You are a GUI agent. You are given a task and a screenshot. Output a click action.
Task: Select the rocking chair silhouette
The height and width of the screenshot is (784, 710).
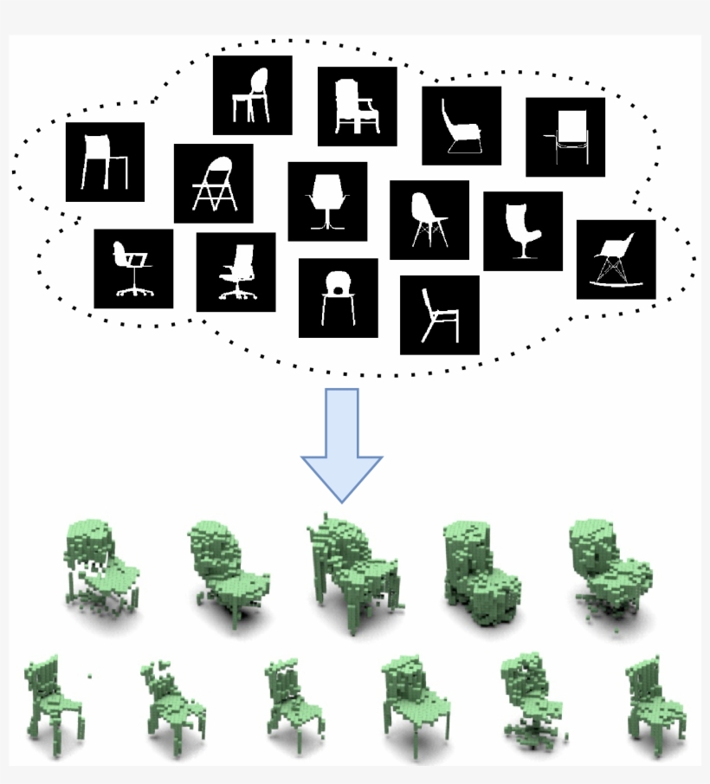(616, 259)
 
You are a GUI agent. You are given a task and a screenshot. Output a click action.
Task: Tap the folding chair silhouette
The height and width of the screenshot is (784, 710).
(213, 184)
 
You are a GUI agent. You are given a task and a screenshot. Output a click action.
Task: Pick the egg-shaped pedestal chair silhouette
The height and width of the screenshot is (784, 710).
(522, 231)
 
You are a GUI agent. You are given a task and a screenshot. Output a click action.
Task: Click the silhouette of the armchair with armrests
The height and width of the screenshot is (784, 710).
(357, 107)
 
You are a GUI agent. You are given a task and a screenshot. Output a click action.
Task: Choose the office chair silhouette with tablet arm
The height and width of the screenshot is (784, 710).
(132, 269)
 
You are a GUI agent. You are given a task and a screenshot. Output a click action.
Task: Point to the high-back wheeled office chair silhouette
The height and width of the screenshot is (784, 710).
(236, 272)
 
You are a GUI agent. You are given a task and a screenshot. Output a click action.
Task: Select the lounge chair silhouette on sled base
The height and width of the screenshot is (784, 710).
(461, 126)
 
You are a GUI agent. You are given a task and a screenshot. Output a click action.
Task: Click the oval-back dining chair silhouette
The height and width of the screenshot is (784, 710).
(252, 96)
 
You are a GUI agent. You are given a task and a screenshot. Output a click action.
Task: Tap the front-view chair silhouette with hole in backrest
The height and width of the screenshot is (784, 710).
(338, 298)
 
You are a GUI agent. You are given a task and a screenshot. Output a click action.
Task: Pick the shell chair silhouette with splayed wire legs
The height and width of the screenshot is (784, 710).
(429, 220)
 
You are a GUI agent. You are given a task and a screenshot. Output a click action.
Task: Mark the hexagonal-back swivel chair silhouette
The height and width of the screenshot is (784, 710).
(326, 202)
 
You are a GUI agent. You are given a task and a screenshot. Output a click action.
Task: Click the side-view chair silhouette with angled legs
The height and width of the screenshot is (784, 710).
(439, 315)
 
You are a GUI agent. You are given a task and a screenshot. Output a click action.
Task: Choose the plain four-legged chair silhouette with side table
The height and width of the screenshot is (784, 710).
(105, 162)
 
